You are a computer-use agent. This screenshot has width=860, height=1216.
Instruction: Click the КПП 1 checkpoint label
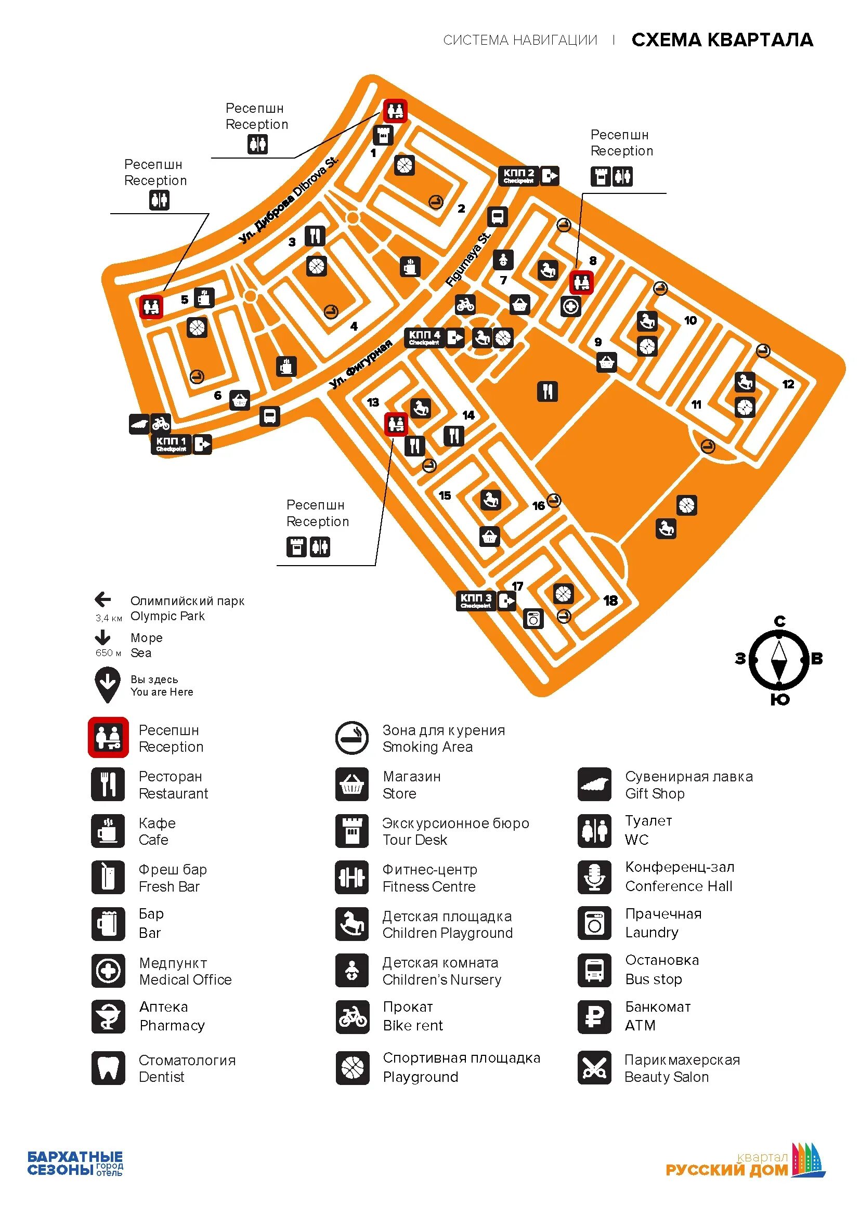(x=171, y=444)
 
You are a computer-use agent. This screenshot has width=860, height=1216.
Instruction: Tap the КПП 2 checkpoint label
(x=518, y=175)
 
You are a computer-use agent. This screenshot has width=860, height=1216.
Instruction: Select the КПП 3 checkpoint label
(x=476, y=600)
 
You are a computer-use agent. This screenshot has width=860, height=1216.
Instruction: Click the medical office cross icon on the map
(x=570, y=307)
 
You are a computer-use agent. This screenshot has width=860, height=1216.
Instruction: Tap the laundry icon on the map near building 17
(x=533, y=618)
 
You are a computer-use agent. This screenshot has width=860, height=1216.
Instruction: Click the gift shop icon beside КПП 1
(x=139, y=424)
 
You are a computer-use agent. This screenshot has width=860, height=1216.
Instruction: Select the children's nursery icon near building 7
(x=503, y=260)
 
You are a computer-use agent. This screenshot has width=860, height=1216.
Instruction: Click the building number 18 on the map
(x=610, y=600)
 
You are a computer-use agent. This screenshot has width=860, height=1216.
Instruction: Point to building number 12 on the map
(x=788, y=384)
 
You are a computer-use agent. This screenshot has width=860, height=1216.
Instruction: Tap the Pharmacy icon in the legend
(x=108, y=1016)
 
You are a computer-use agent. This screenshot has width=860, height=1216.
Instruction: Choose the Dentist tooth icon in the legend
(x=108, y=1068)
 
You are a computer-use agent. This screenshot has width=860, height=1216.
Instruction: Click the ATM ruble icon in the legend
(x=594, y=1016)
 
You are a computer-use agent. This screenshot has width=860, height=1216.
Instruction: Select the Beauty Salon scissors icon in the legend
(x=594, y=1068)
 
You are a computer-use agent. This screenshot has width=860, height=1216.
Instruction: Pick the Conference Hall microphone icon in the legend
(x=594, y=877)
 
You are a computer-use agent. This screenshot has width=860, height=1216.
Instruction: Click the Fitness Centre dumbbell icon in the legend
(x=351, y=877)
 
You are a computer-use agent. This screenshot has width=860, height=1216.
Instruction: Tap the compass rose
(x=778, y=660)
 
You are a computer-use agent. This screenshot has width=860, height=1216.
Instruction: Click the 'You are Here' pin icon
(x=107, y=684)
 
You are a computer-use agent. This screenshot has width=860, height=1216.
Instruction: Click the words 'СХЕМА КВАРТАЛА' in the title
(x=722, y=40)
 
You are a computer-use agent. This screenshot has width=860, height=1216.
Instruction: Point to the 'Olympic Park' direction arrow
(x=103, y=599)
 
